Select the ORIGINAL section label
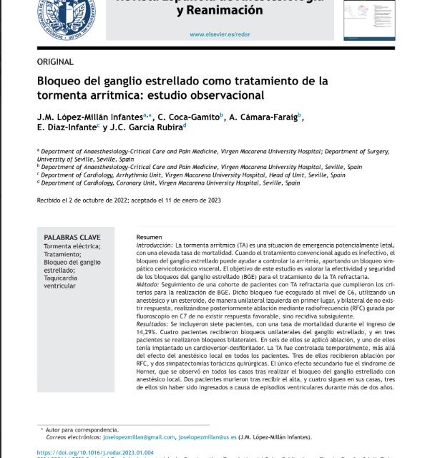coord(54,62)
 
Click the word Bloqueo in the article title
coord(61,81)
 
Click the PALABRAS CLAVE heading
coord(72,237)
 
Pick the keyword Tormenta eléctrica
coord(72,246)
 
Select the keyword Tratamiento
coord(64,254)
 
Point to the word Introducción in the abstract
coord(153,245)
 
